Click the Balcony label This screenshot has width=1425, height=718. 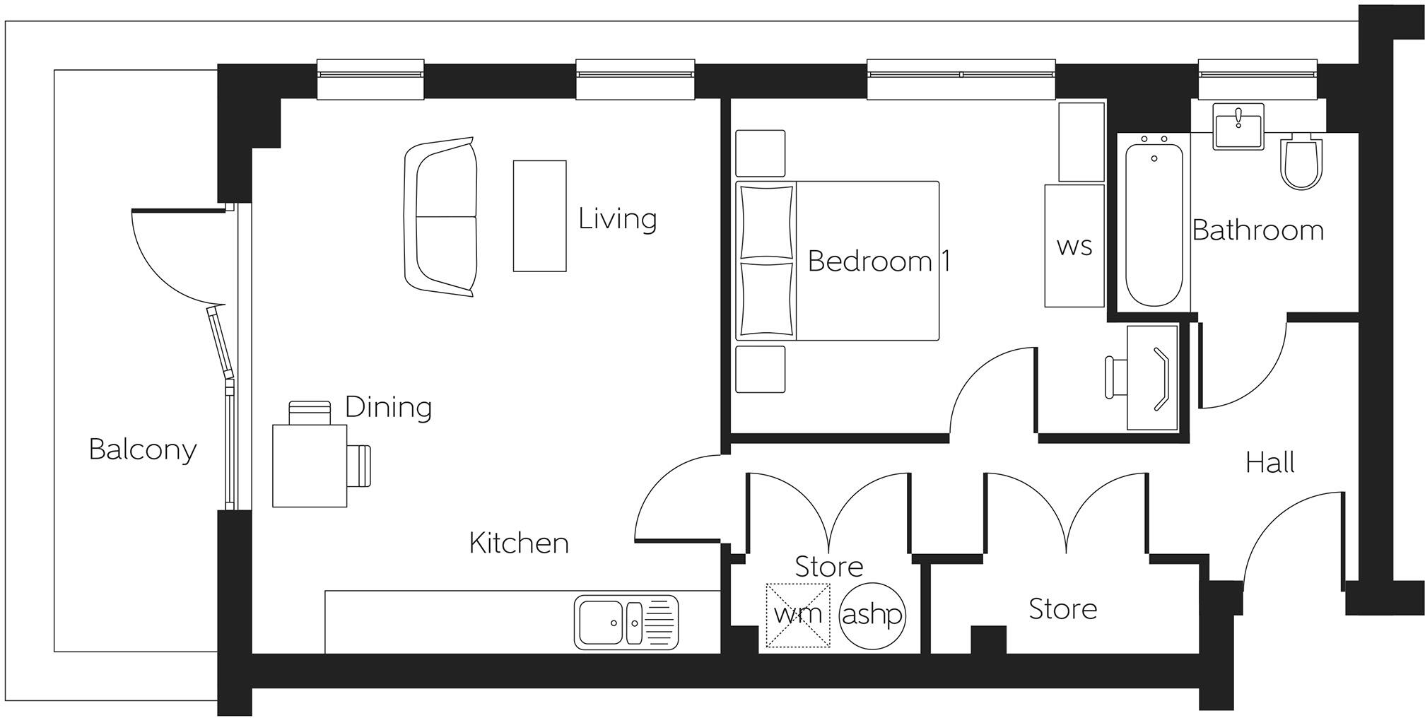tap(142, 449)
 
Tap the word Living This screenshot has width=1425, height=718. tap(617, 218)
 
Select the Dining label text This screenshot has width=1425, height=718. tap(388, 407)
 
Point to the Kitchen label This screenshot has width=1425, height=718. tap(519, 543)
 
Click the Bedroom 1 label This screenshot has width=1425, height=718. tap(879, 261)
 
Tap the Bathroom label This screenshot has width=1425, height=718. tap(1257, 230)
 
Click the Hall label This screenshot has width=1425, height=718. tap(1269, 463)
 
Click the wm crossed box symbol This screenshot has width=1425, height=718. tap(798, 615)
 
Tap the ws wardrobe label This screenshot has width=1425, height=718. tap(1074, 247)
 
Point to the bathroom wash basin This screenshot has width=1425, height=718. tap(1238, 126)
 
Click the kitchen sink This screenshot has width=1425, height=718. tap(626, 622)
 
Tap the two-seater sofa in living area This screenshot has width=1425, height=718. tap(440, 217)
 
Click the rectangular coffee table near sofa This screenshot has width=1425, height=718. tap(539, 216)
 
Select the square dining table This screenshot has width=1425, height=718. tap(310, 465)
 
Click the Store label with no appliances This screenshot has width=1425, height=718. tap(1062, 609)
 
